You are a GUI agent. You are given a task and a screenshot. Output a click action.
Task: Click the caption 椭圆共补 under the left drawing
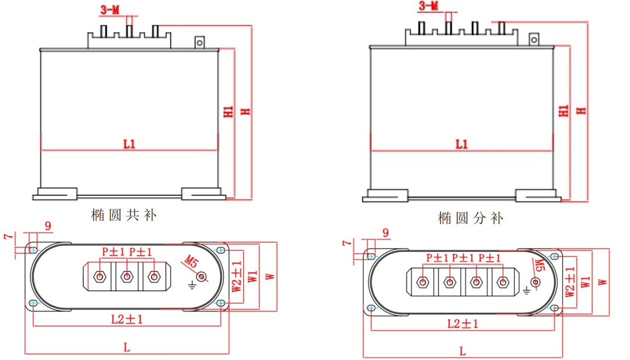(x=124, y=215)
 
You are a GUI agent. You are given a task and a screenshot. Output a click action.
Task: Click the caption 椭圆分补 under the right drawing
(x=471, y=218)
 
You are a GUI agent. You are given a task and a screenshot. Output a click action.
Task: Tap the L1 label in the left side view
(x=130, y=144)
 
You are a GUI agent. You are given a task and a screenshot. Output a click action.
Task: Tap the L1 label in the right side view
(x=462, y=144)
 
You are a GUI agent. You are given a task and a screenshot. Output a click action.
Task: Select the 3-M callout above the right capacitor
(x=428, y=6)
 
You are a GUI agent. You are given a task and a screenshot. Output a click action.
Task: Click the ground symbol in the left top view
(x=191, y=284)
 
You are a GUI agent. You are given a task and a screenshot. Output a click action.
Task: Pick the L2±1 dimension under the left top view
(x=127, y=320)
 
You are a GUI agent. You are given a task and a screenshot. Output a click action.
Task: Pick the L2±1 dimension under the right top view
(x=462, y=324)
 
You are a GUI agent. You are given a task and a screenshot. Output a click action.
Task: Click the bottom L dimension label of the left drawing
(x=127, y=348)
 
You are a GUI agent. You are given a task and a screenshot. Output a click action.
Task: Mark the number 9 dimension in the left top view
(x=48, y=226)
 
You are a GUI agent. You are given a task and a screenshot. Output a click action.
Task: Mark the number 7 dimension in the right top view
(x=346, y=243)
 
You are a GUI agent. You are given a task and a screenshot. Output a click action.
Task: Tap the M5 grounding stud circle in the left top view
(x=202, y=276)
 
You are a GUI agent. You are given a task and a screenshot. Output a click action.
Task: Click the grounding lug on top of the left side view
(x=199, y=42)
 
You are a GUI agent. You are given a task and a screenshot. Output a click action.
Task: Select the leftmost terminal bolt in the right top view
(x=423, y=282)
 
